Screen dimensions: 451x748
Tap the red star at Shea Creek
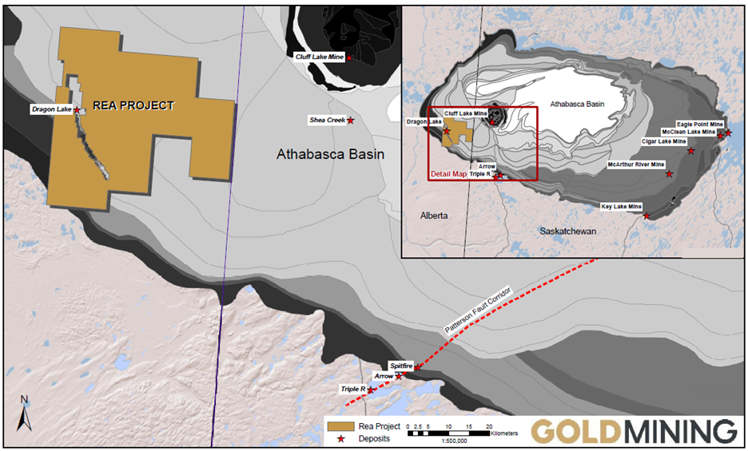[x=351, y=121]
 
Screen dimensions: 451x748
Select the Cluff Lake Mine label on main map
[x=319, y=57]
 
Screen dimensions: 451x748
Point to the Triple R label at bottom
[x=352, y=389]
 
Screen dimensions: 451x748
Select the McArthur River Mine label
[x=635, y=164]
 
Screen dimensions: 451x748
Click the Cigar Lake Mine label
[x=664, y=141]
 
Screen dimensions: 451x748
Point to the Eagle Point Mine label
[x=699, y=125]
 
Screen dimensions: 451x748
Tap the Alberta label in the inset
[x=436, y=216]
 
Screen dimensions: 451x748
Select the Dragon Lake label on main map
[x=51, y=109]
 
